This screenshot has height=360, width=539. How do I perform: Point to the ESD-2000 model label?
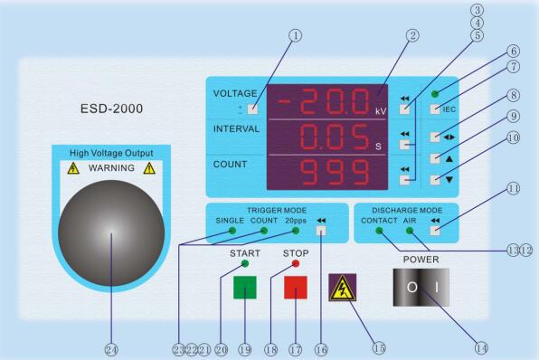tap(111, 109)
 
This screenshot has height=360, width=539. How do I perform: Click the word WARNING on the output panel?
tap(112, 168)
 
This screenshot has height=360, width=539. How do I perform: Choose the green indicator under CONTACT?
tap(379, 231)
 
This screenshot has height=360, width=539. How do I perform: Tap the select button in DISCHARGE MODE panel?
tap(437, 230)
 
